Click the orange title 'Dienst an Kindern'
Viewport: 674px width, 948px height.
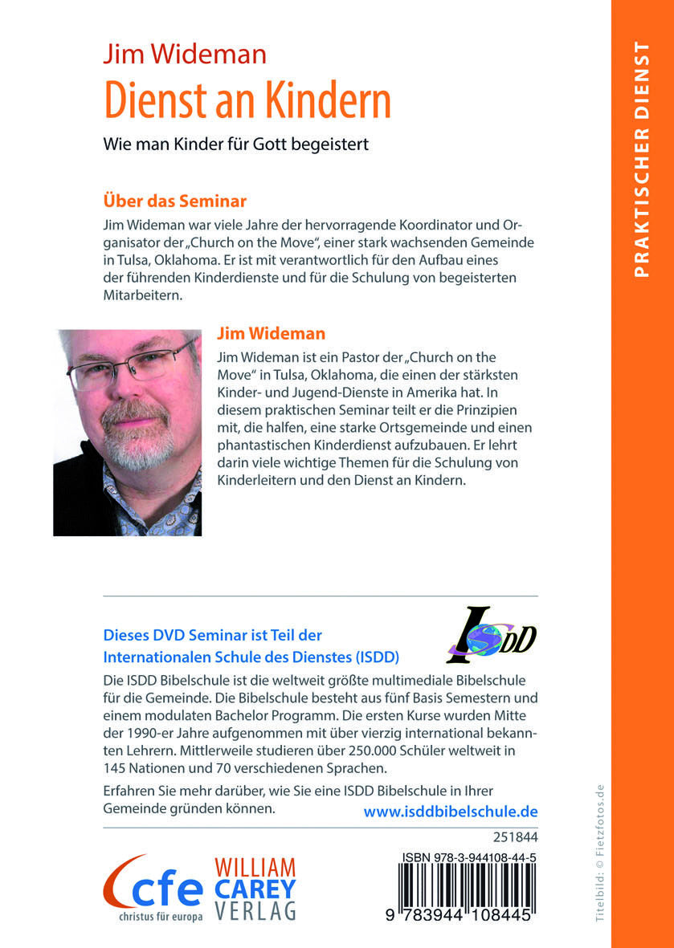[x=247, y=101]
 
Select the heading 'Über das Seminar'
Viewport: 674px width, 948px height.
[x=174, y=199]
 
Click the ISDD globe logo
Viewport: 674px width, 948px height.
[x=490, y=634]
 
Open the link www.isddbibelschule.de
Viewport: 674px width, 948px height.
[x=451, y=811]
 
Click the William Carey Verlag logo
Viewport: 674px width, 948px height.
[x=254, y=889]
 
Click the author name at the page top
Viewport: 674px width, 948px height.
[x=184, y=54]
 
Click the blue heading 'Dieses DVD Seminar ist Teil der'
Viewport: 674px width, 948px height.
[x=213, y=634]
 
